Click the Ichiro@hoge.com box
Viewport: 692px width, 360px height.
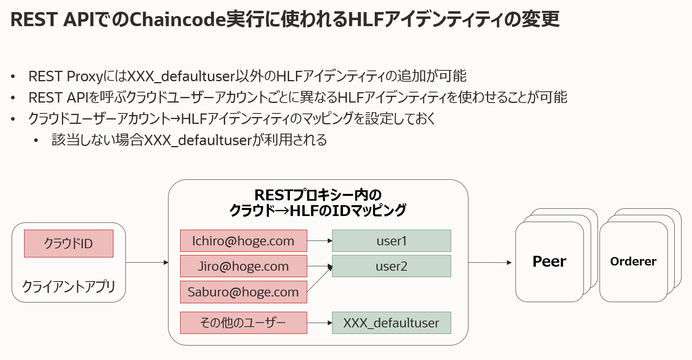point(243,241)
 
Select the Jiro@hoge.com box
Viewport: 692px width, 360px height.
point(243,266)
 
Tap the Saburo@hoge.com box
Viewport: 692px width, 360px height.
point(243,292)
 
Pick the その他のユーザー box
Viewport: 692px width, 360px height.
point(243,323)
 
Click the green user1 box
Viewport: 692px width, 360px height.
point(391,241)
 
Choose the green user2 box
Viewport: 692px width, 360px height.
point(391,266)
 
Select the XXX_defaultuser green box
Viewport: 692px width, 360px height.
point(391,323)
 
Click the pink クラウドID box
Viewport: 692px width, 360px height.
point(69,243)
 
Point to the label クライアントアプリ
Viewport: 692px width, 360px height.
point(69,286)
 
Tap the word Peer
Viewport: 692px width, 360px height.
point(549,261)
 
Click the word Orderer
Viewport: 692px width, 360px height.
point(633,261)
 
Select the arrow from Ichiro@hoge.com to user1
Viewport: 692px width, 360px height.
point(319,241)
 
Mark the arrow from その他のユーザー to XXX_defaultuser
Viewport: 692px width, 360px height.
point(319,323)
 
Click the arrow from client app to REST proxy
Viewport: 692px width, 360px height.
point(147,262)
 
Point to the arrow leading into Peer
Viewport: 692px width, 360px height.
point(490,262)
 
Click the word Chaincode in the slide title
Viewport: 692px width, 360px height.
point(177,19)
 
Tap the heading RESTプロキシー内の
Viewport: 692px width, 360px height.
point(318,195)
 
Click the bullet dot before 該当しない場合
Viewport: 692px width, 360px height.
point(36,140)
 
